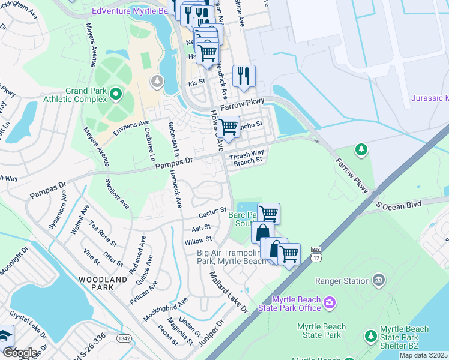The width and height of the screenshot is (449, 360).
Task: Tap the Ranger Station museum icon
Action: click(379, 280)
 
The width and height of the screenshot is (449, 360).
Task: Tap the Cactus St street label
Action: click(212, 213)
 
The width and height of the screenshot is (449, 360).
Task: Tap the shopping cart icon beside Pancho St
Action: click(228, 127)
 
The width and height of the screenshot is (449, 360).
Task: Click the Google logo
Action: click(20, 352)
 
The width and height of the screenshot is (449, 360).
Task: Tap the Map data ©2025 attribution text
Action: click(424, 355)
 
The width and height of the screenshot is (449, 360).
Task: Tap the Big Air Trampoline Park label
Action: click(231, 257)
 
